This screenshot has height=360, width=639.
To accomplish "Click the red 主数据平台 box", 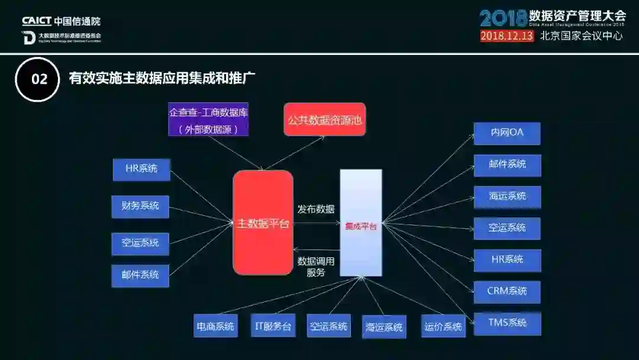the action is pyautogui.click(x=263, y=223).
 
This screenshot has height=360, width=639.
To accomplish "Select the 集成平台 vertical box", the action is pyautogui.click(x=360, y=223).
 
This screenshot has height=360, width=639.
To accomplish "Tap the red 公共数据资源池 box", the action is pyautogui.click(x=324, y=120).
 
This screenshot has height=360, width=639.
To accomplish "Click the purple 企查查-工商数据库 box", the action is pyautogui.click(x=208, y=120).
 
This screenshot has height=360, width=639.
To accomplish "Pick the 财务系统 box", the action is pyautogui.click(x=140, y=206).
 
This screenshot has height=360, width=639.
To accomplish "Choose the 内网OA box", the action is pyautogui.click(x=507, y=133).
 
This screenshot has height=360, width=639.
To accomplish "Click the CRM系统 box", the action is pyautogui.click(x=507, y=291).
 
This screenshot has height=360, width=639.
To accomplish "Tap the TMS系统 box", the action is pyautogui.click(x=507, y=323).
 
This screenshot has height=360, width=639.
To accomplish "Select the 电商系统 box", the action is pyautogui.click(x=215, y=326).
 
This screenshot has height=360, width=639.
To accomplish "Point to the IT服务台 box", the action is pyautogui.click(x=273, y=326).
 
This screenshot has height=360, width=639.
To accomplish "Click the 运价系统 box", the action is pyautogui.click(x=443, y=326).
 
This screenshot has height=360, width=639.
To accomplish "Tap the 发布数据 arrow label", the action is pyautogui.click(x=316, y=209).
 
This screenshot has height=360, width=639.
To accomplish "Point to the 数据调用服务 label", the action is pyautogui.click(x=316, y=266).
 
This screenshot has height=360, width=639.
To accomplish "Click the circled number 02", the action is pyautogui.click(x=38, y=79).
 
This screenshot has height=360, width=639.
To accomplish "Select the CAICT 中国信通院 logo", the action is pyautogui.click(x=62, y=21).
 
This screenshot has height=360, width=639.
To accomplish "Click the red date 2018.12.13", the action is pyautogui.click(x=506, y=36).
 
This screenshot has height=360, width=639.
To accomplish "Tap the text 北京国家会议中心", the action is pyautogui.click(x=582, y=36).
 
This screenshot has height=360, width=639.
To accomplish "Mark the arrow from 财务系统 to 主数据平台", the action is pyautogui.click(x=201, y=215).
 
